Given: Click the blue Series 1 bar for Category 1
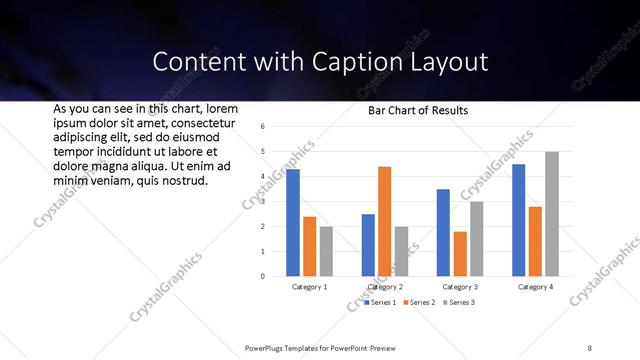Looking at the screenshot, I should click(293, 223).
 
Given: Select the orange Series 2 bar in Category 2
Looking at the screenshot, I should click(385, 221).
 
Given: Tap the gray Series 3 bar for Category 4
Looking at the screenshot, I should click(552, 214).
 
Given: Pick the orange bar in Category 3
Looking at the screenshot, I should click(460, 254).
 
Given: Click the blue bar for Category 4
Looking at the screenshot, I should click(519, 220).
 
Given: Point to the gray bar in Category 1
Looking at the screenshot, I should click(326, 251).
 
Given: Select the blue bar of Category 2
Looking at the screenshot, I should click(368, 245).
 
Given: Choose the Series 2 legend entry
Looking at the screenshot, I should click(419, 302).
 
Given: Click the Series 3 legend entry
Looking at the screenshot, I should click(458, 302).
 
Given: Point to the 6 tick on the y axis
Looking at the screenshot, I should click(261, 127).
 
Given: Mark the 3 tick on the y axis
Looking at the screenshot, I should click(261, 202).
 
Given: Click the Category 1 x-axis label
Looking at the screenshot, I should click(310, 287).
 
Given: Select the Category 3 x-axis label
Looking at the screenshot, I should click(461, 287).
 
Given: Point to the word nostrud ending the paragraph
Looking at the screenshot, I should click(179, 181).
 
